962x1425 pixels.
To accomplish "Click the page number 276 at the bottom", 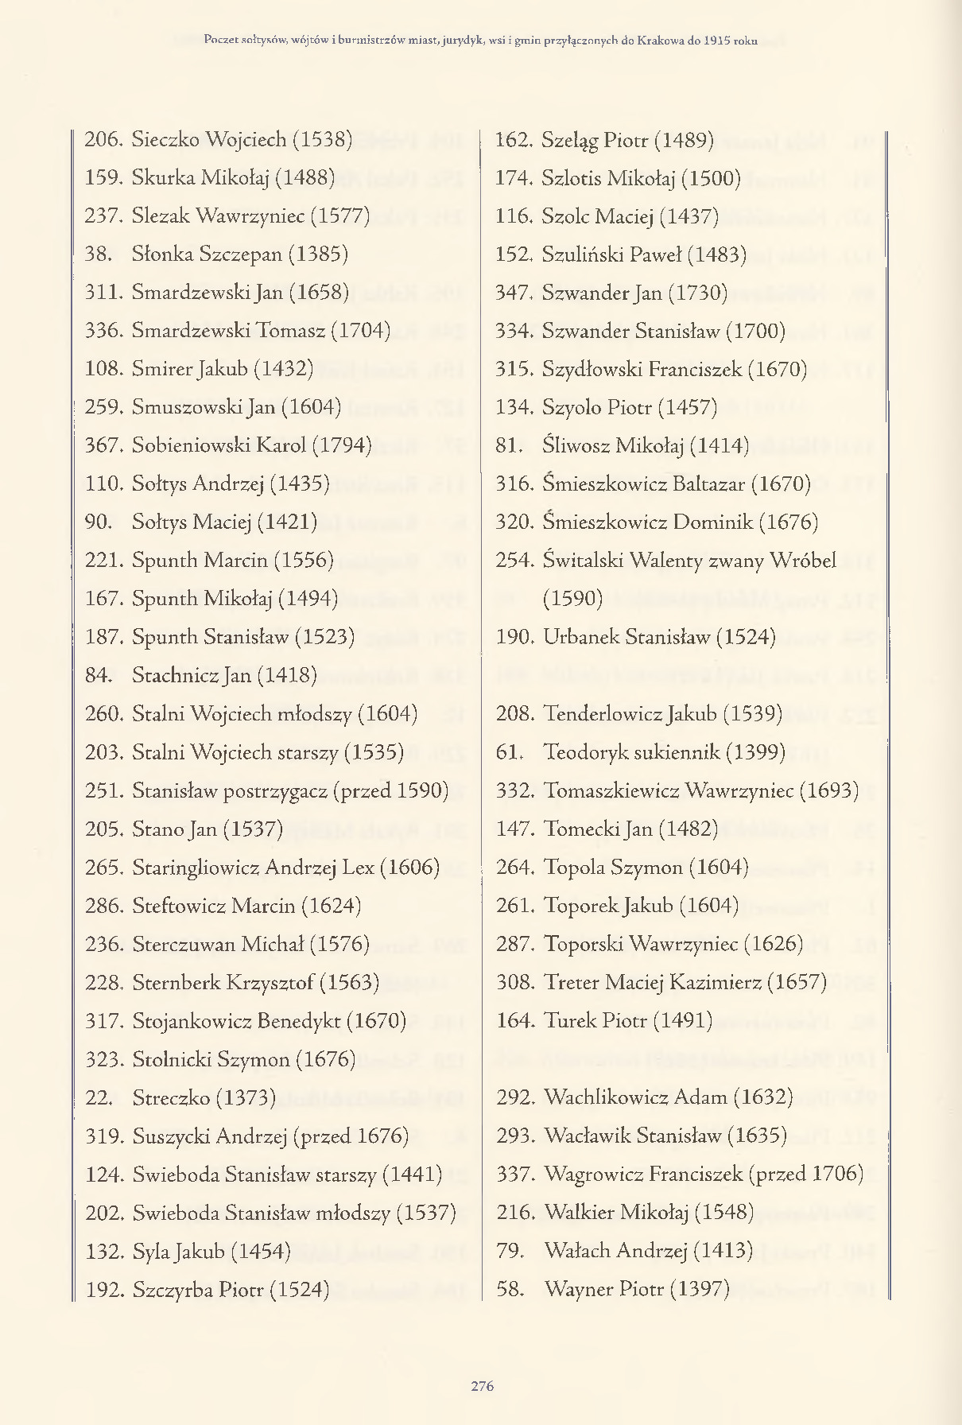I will tap(482, 1386).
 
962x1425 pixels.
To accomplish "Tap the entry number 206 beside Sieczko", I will tap(103, 140).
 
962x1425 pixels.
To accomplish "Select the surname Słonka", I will tap(163, 254).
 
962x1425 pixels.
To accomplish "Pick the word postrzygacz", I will tap(276, 791).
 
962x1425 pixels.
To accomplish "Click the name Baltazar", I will tap(704, 484).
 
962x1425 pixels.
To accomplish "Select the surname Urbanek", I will tap(580, 638).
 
